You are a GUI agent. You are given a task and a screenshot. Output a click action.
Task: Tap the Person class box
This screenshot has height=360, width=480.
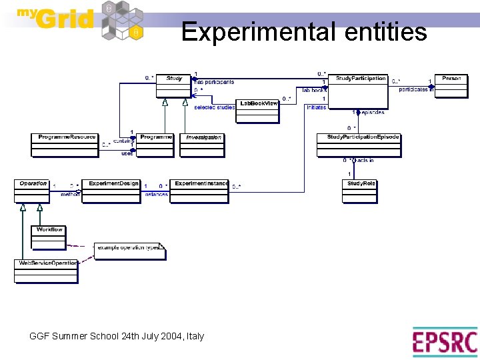pos(451,86)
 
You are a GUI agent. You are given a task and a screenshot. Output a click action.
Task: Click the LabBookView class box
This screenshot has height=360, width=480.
pos(258,111)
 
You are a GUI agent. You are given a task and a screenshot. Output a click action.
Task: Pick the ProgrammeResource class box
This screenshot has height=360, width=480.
pos(64,145)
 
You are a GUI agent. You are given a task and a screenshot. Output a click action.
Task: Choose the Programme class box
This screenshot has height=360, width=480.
pos(155,145)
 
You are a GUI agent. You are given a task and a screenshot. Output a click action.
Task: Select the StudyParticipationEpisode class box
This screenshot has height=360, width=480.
pos(363,145)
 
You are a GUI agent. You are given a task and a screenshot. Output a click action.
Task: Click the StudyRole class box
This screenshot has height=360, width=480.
pos(360,191)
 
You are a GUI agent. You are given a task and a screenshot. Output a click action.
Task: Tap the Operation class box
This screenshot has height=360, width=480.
pos(33,191)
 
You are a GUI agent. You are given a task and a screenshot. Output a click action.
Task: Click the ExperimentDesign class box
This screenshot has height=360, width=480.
pos(114,191)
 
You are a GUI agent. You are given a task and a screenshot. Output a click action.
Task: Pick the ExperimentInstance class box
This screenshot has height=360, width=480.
pos(199,191)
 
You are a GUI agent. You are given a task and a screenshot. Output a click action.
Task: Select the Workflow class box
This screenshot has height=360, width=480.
pos(49,236)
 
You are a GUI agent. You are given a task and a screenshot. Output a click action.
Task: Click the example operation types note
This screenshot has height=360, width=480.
pos(129,251)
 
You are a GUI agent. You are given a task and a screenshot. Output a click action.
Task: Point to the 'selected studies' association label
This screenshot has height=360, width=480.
pos(214,107)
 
